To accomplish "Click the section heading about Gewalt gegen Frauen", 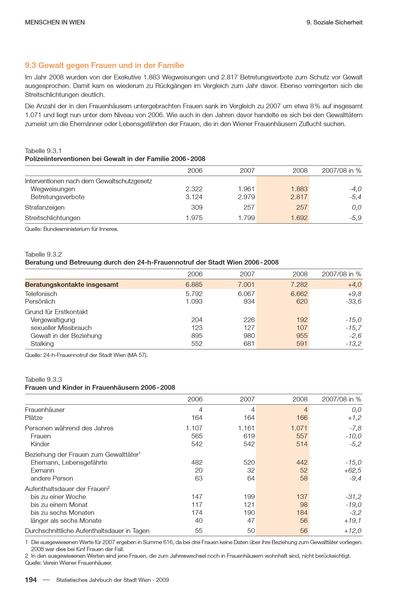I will [105, 65].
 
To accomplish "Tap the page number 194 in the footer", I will [31, 580].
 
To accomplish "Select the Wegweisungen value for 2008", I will [299, 189].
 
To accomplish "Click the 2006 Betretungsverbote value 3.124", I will [194, 197].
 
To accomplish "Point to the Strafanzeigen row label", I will [45, 207].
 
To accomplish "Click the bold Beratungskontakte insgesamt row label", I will [71, 285].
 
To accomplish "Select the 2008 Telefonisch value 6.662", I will [299, 294].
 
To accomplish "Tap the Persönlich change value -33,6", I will [353, 301].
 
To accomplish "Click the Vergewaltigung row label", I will [53, 320].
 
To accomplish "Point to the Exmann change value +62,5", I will [353, 470].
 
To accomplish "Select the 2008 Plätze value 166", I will [302, 418].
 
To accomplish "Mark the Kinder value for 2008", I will [302, 444].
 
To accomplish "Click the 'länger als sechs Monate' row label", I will [66, 521].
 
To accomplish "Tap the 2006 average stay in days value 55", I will [199, 531].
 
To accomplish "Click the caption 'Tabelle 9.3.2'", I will [43, 254].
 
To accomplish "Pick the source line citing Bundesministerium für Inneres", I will [71, 229].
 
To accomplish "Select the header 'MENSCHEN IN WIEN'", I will [55, 22].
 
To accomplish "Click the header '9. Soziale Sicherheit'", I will [335, 22].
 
